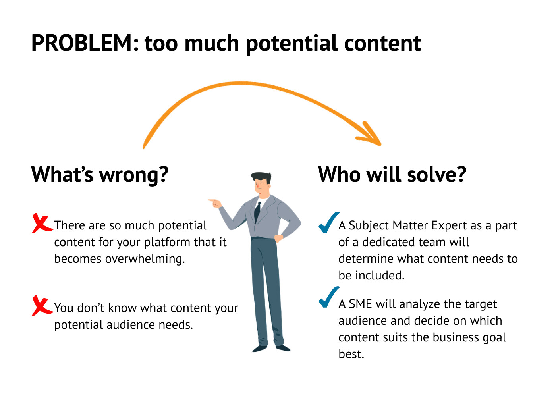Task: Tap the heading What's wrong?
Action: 100,175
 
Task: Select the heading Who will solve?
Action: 392,175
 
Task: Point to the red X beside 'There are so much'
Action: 41,224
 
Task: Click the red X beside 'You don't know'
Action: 41,306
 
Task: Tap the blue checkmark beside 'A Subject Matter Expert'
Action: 328,223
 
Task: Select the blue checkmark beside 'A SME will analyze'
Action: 328,297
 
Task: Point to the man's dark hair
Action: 262,177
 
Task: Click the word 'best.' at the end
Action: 351,354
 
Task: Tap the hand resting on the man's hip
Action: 278,238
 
